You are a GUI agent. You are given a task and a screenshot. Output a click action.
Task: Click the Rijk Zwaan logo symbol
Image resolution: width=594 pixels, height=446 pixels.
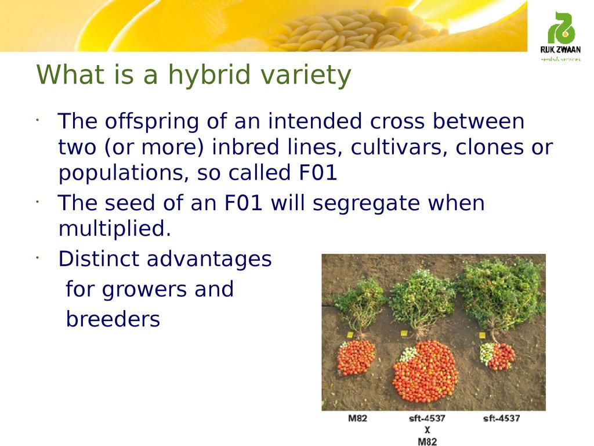pyautogui.click(x=561, y=28)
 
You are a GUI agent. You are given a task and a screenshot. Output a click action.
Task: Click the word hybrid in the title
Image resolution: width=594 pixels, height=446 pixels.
pyautogui.click(x=209, y=75)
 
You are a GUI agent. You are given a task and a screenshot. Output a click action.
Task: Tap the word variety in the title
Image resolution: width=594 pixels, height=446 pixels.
pyautogui.click(x=306, y=75)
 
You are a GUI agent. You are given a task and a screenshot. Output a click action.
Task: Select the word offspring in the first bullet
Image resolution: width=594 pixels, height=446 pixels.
pyautogui.click(x=151, y=122)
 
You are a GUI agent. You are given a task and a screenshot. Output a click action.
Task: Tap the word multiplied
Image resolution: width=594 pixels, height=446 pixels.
pyautogui.click(x=115, y=229)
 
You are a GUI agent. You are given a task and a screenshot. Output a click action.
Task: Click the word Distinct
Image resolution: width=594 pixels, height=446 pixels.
pyautogui.click(x=99, y=259)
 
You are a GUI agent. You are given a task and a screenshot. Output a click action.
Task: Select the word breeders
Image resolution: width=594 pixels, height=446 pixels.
pyautogui.click(x=113, y=319)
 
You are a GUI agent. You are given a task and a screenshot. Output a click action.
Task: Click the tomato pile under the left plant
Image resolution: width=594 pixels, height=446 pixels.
pyautogui.click(x=356, y=358)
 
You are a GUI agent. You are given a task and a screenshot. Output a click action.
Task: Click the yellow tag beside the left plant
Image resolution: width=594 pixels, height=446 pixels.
pyautogui.click(x=350, y=335)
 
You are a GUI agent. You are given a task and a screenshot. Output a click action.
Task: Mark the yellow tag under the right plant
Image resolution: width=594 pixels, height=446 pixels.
pyautogui.click(x=482, y=335)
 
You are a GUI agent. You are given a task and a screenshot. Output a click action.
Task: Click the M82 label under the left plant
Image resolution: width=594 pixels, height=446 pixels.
pyautogui.click(x=357, y=418)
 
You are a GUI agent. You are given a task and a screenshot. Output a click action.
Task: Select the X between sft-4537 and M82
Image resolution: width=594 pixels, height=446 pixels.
pyautogui.click(x=428, y=430)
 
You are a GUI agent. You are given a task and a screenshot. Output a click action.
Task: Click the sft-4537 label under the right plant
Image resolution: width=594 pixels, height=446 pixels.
pyautogui.click(x=502, y=418)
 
